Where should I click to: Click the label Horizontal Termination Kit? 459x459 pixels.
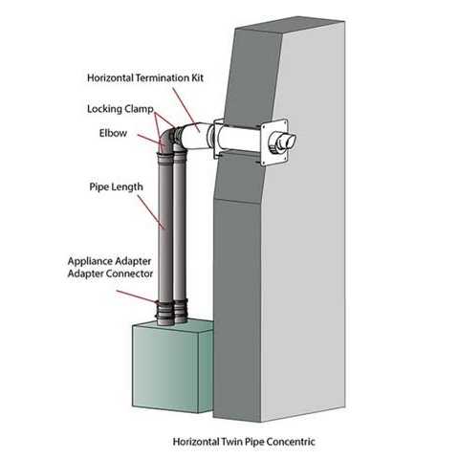pos(145,78)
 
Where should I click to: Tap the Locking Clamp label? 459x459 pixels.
pos(120,109)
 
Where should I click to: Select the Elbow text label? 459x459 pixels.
pos(113,133)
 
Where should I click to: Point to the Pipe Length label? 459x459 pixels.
pos(116,186)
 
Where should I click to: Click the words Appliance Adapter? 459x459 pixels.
pos(109,261)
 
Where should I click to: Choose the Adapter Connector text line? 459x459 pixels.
pos(110,273)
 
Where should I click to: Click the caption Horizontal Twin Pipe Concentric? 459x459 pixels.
pos(244,442)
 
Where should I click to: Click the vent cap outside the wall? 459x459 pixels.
pos(282,142)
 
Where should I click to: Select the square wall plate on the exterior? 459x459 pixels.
pos(274,142)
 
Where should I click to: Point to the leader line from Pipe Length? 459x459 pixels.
pos(151,212)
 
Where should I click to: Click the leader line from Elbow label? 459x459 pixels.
pos(150,142)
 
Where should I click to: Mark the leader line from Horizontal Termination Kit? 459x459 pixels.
pos(186,109)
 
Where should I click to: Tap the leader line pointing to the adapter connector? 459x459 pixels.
pos(136,296)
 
